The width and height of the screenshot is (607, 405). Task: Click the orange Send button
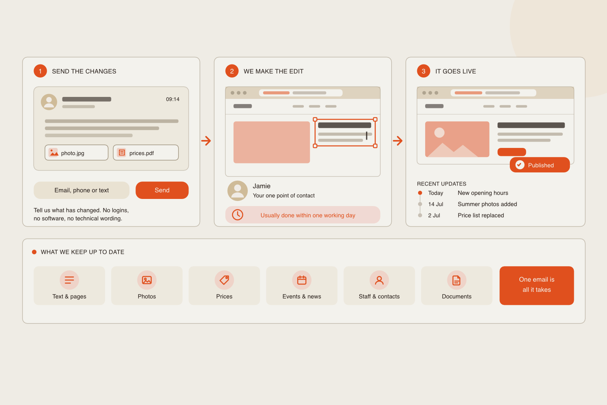[x=162, y=190]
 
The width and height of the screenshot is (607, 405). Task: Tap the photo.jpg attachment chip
[x=76, y=153]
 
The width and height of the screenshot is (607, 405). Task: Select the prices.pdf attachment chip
[x=146, y=153]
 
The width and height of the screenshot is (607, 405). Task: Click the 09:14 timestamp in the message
[x=173, y=99]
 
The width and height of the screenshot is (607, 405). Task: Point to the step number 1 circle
[x=40, y=71]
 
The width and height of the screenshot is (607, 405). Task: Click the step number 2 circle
[x=232, y=71]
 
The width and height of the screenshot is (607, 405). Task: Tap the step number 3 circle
[x=424, y=71]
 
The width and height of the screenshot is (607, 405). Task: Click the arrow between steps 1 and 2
[x=206, y=141]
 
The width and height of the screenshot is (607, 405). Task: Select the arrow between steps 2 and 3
[x=398, y=141]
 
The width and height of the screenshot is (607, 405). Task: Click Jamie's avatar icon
[x=238, y=191]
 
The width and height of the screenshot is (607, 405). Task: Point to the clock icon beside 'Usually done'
[x=238, y=215]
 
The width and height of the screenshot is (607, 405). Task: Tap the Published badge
[x=540, y=165]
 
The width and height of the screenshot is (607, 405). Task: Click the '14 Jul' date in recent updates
[x=435, y=204]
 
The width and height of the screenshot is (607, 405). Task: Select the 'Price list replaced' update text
[x=481, y=216]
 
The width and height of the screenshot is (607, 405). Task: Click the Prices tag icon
[x=224, y=280]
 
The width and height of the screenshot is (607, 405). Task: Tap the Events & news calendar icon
[x=302, y=280]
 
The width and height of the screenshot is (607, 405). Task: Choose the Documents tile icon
[x=456, y=280]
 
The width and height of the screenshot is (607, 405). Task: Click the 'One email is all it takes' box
[x=537, y=286]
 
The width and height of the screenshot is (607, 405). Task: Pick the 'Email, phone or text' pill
[x=81, y=190]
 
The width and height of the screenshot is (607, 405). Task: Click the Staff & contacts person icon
[x=379, y=280]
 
